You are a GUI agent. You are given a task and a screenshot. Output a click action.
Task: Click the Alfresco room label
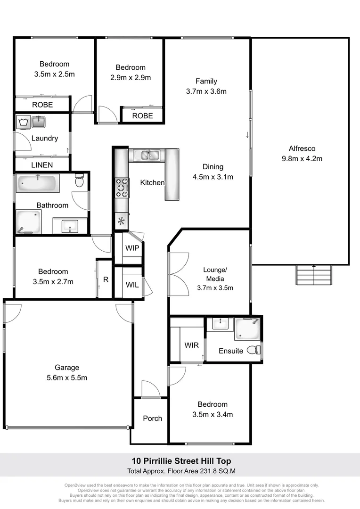coord(302,148)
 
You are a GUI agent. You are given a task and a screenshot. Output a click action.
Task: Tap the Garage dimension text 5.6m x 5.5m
coord(67,378)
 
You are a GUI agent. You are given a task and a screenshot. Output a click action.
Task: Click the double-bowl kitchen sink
coord(147,155)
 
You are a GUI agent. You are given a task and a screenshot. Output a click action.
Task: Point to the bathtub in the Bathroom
coord(38,183)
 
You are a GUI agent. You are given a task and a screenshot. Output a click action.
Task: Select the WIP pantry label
coord(132,248)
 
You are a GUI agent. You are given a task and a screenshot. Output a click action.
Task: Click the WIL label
coord(132,285)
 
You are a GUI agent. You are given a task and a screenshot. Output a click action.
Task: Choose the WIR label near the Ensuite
coord(191,345)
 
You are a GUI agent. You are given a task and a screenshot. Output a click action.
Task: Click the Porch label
coord(152,418)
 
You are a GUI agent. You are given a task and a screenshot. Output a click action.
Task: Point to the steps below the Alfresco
coord(314,274)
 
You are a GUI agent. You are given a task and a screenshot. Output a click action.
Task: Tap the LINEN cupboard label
coord(42,165)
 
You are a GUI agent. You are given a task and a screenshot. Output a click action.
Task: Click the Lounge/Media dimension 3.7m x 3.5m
coord(215,287)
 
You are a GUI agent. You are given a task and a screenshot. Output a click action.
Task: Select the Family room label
coord(206,81)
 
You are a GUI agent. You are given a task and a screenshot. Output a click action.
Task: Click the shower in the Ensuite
coord(248,328)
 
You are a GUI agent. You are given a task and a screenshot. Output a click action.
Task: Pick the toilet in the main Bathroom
coord(80,181)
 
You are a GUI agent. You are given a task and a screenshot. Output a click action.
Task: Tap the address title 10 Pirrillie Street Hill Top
coord(181,461)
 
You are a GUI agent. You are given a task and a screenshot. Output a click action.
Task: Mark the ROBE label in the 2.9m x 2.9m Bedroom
coord(142,115)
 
